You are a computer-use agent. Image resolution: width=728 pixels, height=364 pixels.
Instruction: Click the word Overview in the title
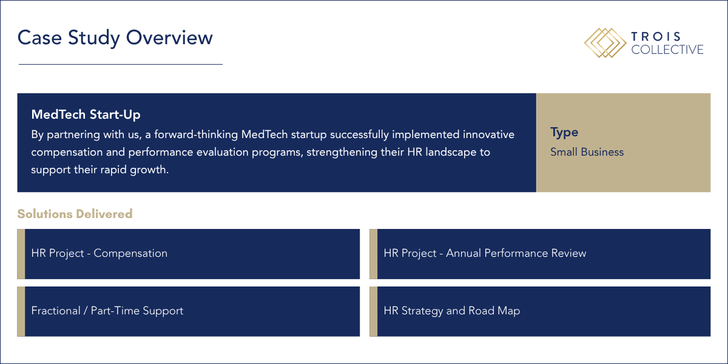point(169,38)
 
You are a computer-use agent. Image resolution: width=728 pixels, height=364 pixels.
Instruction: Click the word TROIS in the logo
point(656,36)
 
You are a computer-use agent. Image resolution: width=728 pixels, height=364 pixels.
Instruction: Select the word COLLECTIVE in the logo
point(667,50)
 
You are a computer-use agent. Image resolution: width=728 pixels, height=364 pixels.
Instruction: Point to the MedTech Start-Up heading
point(86,114)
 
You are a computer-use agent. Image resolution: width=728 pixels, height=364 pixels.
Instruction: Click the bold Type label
point(564,133)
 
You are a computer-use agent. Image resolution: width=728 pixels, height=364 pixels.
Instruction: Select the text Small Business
point(587,152)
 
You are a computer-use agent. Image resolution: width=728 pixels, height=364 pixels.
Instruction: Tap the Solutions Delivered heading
point(75,214)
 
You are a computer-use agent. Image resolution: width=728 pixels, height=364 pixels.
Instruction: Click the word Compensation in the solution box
point(130,253)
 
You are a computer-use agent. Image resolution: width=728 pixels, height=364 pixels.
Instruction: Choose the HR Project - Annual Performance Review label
point(485,253)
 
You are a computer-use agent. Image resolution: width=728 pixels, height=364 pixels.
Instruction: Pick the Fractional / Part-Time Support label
point(107,311)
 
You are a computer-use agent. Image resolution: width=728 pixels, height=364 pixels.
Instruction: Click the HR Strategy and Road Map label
point(452,311)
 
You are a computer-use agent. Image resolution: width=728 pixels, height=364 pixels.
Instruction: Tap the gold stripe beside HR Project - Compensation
point(21,254)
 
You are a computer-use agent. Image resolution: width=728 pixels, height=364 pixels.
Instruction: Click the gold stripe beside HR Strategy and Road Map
point(374,311)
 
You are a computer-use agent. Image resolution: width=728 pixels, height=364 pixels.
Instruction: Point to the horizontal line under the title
point(121,64)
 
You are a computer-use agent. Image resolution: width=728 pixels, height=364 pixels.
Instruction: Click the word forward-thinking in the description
point(196,134)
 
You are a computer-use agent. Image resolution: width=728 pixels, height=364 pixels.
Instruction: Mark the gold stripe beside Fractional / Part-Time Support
point(21,311)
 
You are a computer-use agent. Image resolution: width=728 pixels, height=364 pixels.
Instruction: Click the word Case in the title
point(39,38)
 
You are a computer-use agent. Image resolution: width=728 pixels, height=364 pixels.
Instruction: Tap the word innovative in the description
point(488,134)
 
